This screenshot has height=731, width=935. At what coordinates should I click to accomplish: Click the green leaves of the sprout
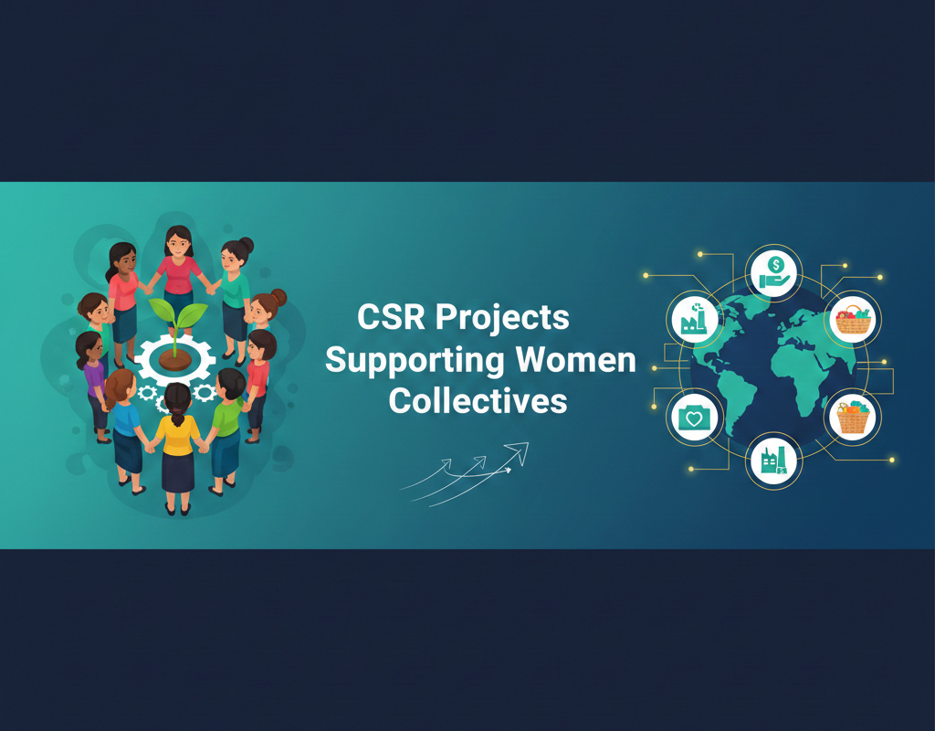(x=177, y=316)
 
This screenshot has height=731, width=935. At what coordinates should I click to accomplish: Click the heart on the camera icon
(x=695, y=418)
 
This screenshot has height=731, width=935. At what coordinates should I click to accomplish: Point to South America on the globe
(x=730, y=402)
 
